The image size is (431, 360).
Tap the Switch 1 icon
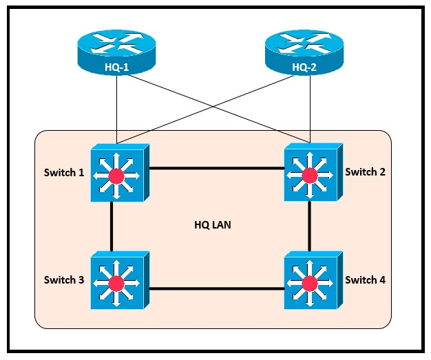[116, 173]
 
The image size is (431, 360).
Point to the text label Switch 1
[64, 173]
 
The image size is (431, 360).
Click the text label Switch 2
[365, 171]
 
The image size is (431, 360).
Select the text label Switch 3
[64, 279]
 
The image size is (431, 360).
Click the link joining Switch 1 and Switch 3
[111, 226]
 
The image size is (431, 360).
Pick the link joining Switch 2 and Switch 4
[309, 226]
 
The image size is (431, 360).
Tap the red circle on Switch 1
[116, 176]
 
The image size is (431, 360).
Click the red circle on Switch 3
[116, 283]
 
